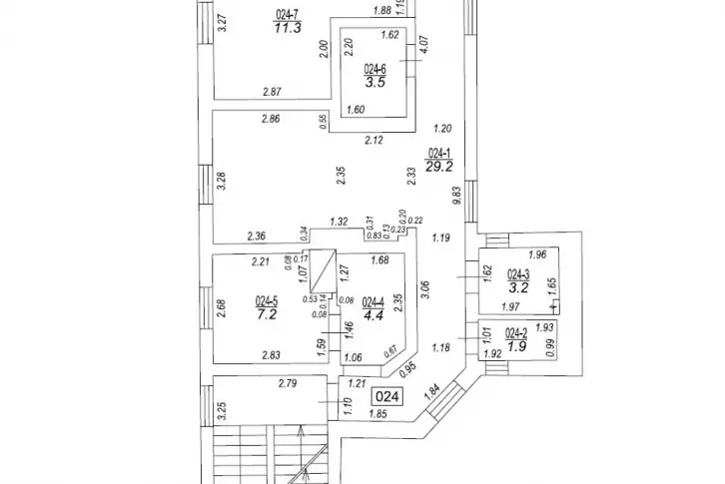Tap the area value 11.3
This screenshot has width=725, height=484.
(289, 28)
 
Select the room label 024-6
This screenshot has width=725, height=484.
(374, 70)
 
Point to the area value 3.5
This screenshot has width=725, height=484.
(374, 84)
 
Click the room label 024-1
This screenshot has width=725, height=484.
(439, 154)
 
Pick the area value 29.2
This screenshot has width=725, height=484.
(440, 168)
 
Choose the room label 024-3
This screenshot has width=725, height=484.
(516, 273)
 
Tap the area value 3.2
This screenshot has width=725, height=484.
(516, 287)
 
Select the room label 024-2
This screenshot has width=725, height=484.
(515, 333)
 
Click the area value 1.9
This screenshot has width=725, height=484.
(515, 347)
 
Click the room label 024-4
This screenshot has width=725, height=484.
(371, 300)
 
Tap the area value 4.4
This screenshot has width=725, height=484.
(371, 314)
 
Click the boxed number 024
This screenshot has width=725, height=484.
(389, 397)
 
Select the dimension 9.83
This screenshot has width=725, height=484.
(456, 197)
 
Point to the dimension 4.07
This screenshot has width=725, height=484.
(424, 45)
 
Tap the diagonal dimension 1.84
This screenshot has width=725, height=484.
(432, 392)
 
